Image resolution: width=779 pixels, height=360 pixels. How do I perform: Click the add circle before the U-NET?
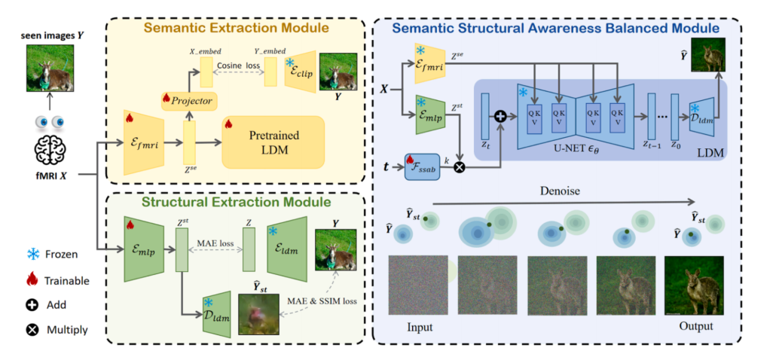pos(499,118)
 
